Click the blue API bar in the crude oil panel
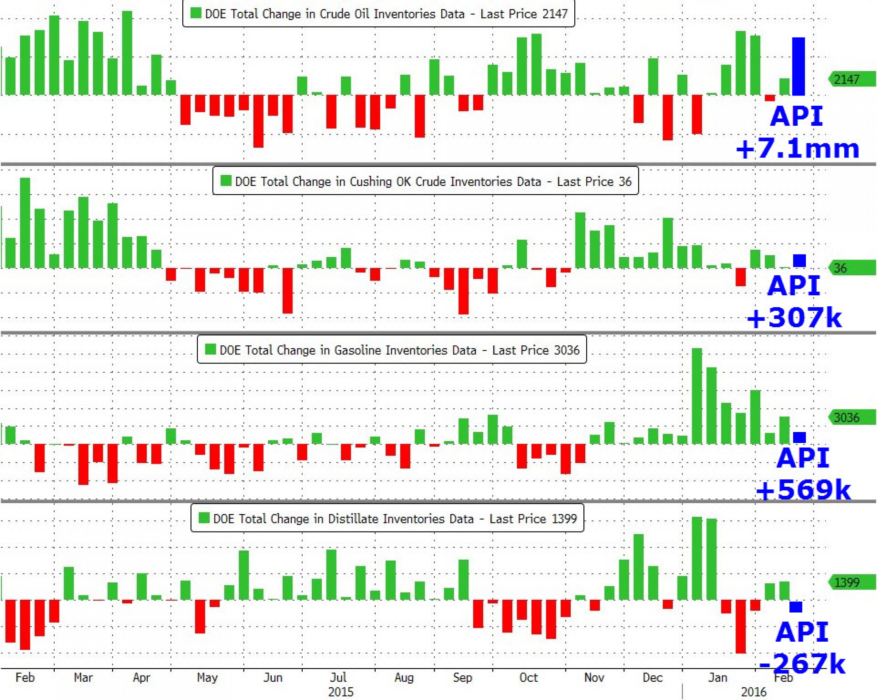[798, 66]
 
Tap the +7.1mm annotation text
[798, 149]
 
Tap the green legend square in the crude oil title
[196, 13]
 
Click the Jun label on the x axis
[272, 678]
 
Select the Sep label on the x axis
[462, 678]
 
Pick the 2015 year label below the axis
[341, 692]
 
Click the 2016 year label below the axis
[753, 692]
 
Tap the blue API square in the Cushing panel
[799, 261]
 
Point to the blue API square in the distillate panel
[796, 606]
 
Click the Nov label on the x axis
[594, 678]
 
